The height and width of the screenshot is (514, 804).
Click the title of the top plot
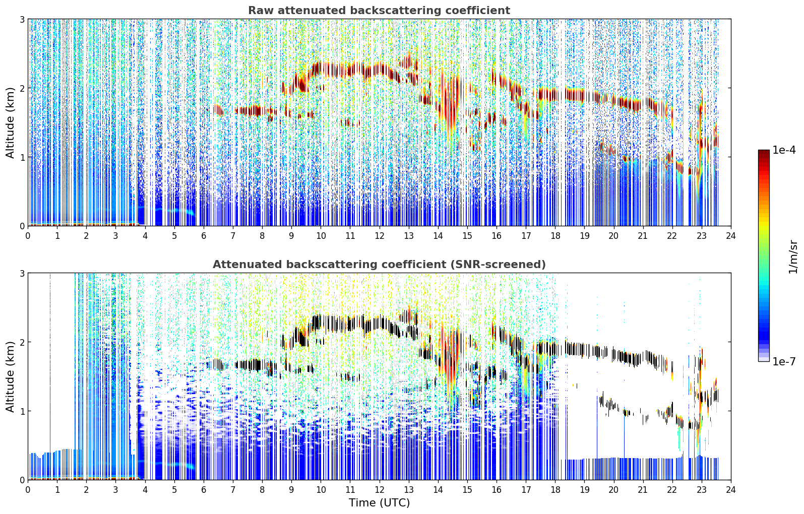[379, 11]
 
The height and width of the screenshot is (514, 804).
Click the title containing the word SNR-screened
[379, 264]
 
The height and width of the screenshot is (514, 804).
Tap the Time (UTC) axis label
[379, 502]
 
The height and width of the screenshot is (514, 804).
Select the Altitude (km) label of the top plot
[10, 123]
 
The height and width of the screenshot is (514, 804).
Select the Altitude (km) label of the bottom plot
[10, 376]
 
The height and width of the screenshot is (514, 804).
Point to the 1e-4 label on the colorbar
[784, 150]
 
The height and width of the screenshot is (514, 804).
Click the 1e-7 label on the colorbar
[784, 361]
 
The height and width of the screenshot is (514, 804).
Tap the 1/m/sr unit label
[793, 258]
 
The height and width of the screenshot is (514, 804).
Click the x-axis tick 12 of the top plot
[380, 236]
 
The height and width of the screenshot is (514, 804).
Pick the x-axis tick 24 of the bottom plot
[731, 490]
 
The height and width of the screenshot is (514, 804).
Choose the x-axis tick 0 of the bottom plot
[28, 490]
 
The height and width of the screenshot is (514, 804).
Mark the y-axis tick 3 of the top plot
[22, 19]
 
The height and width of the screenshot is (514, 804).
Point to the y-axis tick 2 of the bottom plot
[22, 342]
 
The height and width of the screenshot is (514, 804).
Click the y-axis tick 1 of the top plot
[22, 157]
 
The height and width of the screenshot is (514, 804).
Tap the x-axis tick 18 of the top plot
[555, 236]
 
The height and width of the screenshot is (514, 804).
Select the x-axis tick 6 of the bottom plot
[204, 490]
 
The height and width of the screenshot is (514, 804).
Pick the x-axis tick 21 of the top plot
[643, 236]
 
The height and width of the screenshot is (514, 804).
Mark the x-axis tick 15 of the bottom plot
[467, 490]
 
